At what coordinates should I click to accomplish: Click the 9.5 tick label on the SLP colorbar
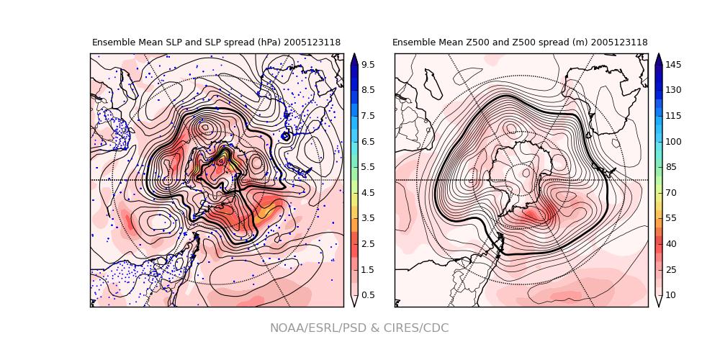click(367, 65)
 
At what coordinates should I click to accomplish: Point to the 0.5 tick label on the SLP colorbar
click(367, 295)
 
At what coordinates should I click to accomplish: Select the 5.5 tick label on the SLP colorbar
click(367, 167)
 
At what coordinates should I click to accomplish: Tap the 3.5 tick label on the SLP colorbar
click(367, 218)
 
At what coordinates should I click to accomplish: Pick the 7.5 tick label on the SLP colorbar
click(367, 116)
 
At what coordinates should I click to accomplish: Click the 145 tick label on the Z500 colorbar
click(673, 65)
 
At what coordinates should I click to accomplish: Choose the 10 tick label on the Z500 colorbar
click(670, 295)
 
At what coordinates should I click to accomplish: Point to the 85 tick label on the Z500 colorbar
click(670, 167)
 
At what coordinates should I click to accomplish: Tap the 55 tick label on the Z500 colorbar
click(670, 218)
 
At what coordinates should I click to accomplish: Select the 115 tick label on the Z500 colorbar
click(673, 116)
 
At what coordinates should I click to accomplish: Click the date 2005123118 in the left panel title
click(312, 42)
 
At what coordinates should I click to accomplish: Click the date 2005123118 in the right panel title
click(619, 42)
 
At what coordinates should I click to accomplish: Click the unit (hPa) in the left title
click(266, 42)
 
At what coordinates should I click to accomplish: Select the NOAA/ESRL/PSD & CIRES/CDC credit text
click(359, 328)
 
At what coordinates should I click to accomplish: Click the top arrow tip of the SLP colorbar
click(354, 55)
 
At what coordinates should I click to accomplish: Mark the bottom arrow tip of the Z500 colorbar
click(658, 305)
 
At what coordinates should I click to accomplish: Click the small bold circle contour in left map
click(286, 136)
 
